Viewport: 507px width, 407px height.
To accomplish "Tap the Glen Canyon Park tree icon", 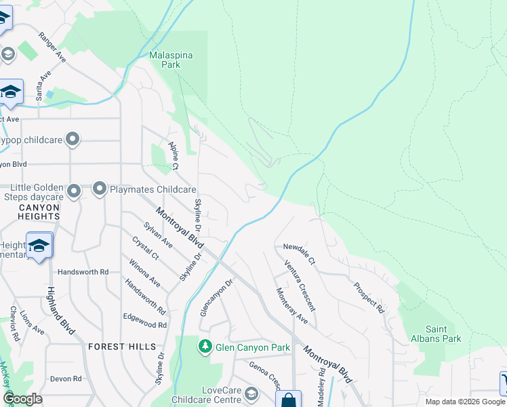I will tap(205, 347).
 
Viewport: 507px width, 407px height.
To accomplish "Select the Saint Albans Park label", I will tap(436, 333).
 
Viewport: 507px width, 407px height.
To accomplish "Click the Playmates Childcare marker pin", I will tap(100, 189).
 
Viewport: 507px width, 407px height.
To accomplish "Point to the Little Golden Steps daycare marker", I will tap(75, 191).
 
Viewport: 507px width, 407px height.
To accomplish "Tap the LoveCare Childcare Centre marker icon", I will tap(251, 394).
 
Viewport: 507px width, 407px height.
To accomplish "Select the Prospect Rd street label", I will tap(369, 296).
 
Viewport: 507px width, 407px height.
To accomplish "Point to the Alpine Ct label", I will tap(174, 156).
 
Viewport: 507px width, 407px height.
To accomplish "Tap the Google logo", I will tap(23, 398).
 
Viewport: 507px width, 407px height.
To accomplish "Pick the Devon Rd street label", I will tap(66, 379).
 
